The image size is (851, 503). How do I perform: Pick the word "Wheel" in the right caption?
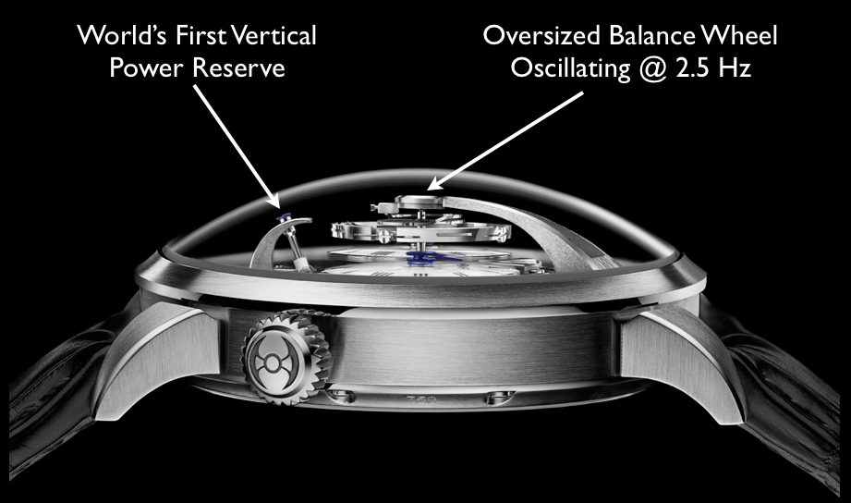tap(739, 38)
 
